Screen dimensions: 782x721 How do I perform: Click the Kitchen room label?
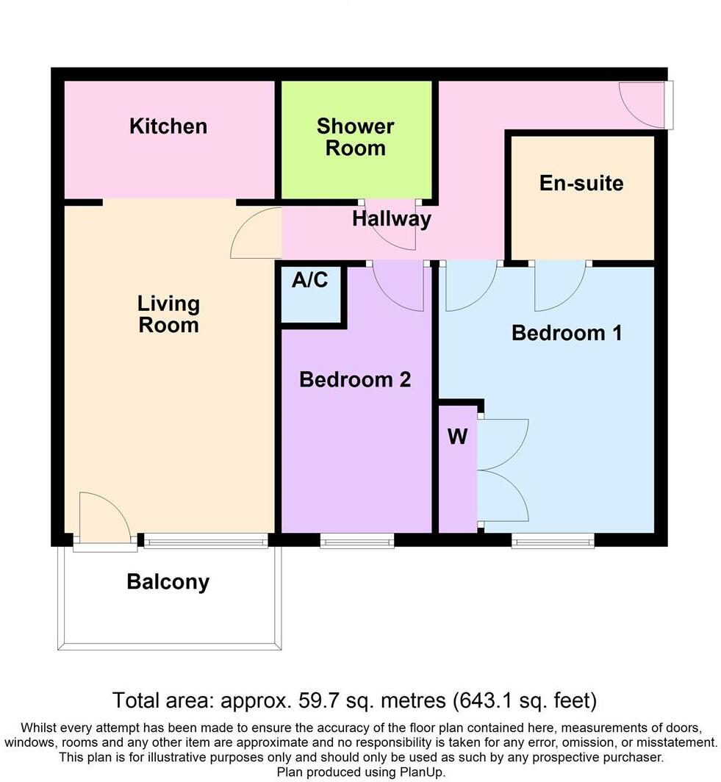click(x=168, y=126)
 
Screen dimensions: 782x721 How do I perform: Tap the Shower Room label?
click(x=356, y=137)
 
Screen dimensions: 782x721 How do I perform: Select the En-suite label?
click(x=581, y=183)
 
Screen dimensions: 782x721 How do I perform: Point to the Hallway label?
click(x=391, y=219)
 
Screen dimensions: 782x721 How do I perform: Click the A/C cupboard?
click(x=310, y=293)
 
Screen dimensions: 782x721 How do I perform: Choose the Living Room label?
click(x=169, y=314)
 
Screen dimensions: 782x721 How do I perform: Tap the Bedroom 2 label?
click(x=355, y=380)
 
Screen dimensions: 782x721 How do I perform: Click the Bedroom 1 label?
click(x=567, y=333)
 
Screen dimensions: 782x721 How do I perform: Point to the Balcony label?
click(x=168, y=582)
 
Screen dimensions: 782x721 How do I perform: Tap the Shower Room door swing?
click(x=392, y=223)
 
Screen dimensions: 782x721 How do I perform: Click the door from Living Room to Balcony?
click(x=104, y=518)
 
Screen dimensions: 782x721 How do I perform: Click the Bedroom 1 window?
click(x=553, y=542)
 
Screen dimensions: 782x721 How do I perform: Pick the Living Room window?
click(x=206, y=542)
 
